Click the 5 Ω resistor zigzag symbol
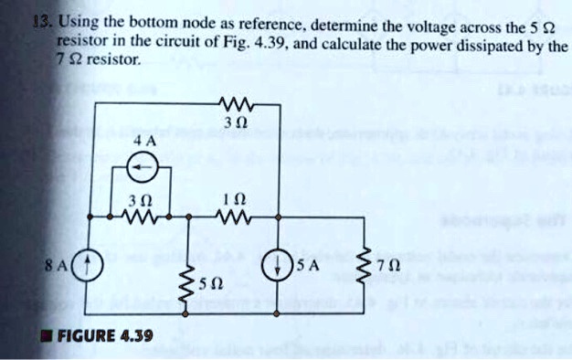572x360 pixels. click(x=188, y=286)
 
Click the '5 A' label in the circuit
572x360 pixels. click(x=308, y=269)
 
